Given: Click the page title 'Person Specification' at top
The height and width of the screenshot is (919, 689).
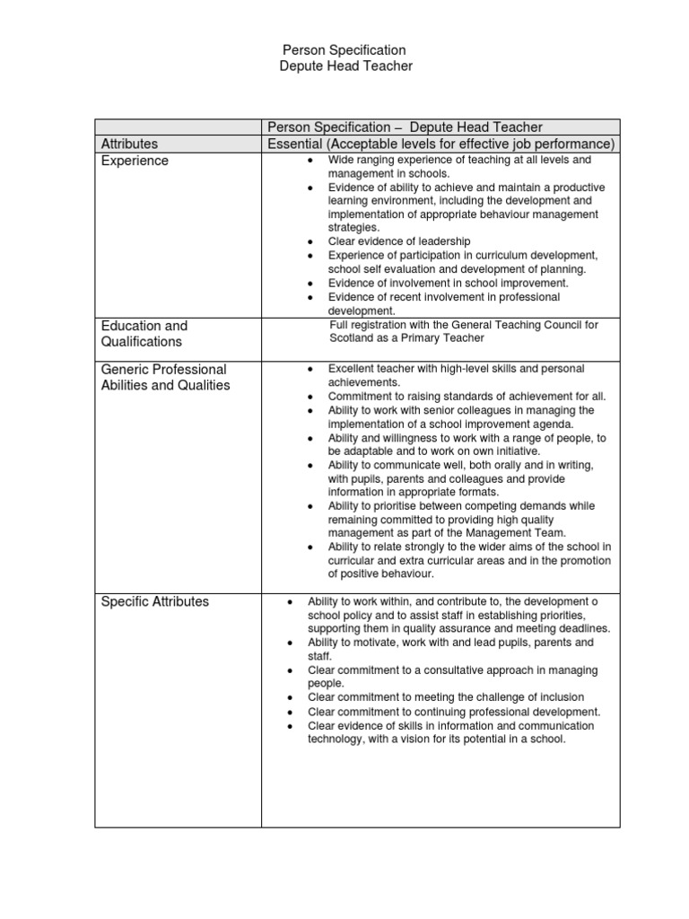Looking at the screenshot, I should coord(344,50).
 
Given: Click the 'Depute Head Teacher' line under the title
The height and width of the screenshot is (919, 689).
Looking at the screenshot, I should coord(344,66).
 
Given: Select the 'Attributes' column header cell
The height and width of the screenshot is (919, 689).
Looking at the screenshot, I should coord(129,144).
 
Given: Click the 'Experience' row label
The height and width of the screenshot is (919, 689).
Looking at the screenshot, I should coord(135,161).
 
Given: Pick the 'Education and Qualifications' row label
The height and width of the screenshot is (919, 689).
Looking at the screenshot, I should coord(144,333).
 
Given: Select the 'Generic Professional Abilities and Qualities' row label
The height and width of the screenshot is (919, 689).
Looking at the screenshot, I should coord(164,377).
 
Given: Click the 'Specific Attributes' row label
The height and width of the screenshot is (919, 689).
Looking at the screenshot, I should coord(154,601).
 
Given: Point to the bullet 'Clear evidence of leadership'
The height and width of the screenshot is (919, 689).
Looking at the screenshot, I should coord(399,241).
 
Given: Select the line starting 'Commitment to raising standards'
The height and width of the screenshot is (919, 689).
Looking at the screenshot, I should coord(467,396).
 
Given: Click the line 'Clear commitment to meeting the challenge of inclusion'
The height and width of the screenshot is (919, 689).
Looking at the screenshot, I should coord(445,697).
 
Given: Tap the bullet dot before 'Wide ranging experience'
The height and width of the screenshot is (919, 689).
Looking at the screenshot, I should coord(309,160).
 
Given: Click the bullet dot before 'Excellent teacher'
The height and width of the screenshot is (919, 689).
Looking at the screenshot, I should coord(309,369).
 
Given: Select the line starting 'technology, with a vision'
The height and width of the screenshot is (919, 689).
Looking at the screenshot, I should coord(436,739).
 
